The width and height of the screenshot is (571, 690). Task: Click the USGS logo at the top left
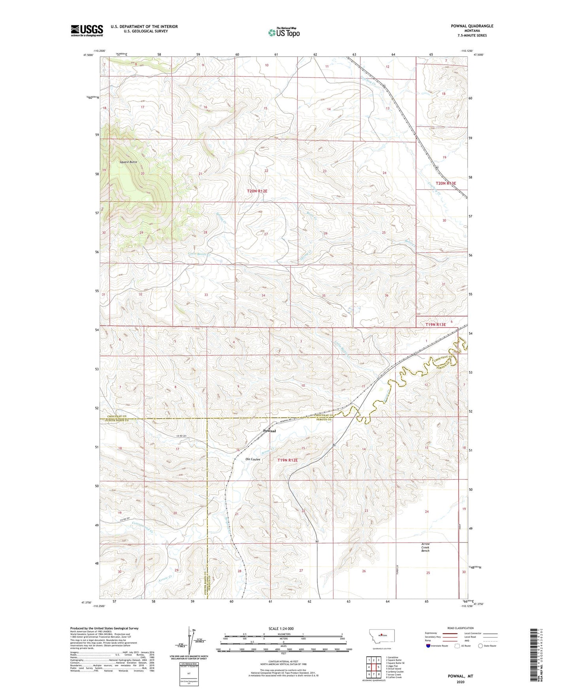pyautogui.click(x=87, y=30)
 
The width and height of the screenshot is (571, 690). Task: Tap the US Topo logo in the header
pyautogui.click(x=284, y=33)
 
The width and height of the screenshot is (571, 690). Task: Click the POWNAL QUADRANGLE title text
pyautogui.click(x=472, y=26)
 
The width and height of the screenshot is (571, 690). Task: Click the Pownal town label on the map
pyautogui.click(x=269, y=431)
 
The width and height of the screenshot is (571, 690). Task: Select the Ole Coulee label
pyautogui.click(x=253, y=459)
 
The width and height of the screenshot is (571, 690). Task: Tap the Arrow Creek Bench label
pyautogui.click(x=425, y=547)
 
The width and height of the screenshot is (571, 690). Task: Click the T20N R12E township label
pyautogui.click(x=257, y=191)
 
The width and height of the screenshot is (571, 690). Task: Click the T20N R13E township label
pyautogui.click(x=446, y=183)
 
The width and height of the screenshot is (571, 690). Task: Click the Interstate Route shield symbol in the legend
pyautogui.click(x=429, y=646)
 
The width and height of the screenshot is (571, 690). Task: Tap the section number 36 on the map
pyautogui.click(x=386, y=296)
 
